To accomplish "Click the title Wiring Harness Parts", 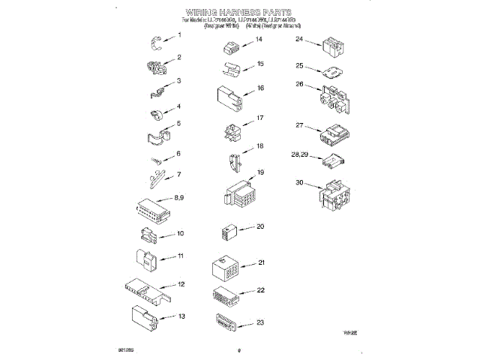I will [x=239, y=13].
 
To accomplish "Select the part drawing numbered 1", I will [x=156, y=41].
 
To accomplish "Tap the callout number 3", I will [x=179, y=81].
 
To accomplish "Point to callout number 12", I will [x=181, y=284].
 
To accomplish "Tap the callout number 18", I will [x=259, y=145].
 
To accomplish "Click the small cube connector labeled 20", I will [x=229, y=232].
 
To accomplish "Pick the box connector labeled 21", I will [x=227, y=268].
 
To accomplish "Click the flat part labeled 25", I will [x=329, y=73].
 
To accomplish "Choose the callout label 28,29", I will [x=300, y=154].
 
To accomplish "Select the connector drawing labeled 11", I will [x=145, y=259].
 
